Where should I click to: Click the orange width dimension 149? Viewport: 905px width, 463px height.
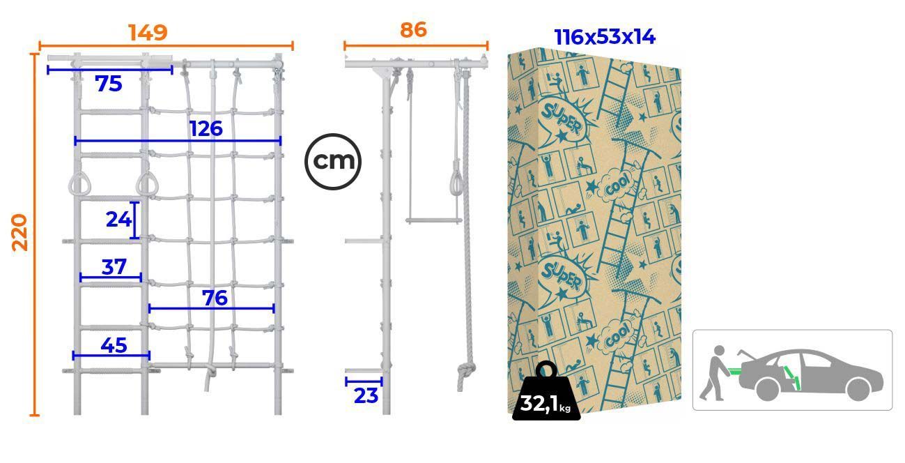coord(148,33)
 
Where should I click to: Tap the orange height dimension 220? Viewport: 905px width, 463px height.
coord(20,232)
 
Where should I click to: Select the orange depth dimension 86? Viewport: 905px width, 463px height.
coord(413,30)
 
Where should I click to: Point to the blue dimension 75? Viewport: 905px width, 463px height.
coord(109,84)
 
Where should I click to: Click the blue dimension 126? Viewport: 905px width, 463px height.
coord(206,128)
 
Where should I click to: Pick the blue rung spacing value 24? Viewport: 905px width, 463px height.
coord(118,219)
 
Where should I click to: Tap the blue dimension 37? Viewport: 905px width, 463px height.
coord(114,267)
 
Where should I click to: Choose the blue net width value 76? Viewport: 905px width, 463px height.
coord(215,298)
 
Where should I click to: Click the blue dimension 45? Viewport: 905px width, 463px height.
coord(114,345)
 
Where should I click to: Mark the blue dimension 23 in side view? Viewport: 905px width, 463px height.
coord(366,396)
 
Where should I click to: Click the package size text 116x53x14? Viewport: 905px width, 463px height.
coord(605,37)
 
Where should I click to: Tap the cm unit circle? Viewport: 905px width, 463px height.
coord(333,162)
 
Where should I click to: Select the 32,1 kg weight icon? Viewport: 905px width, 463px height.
coord(546,390)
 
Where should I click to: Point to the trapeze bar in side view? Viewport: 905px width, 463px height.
coord(434,221)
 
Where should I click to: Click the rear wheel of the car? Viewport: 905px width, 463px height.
coord(767,388)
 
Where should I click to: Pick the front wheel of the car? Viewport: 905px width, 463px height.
coord(858,388)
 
